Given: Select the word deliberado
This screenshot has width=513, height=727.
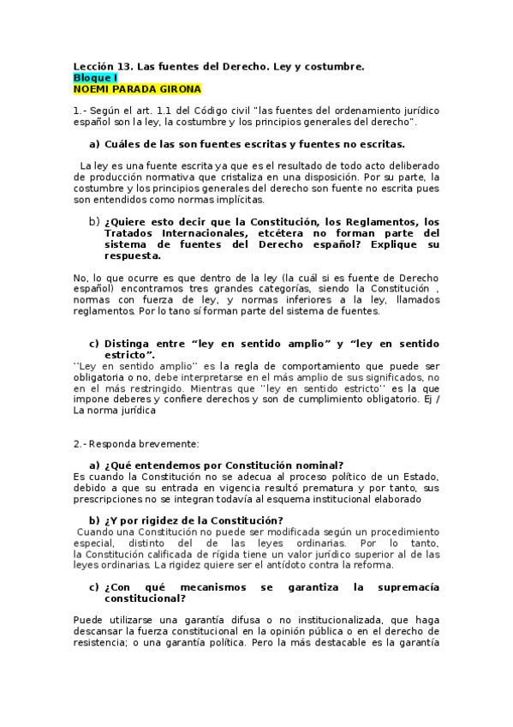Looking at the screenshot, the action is click(408, 165).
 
